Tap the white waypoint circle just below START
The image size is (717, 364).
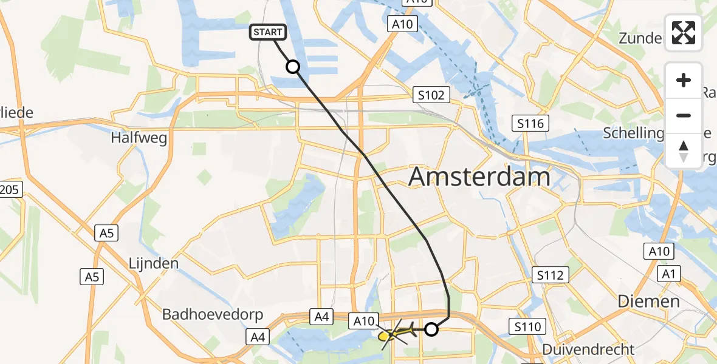(x=293, y=67)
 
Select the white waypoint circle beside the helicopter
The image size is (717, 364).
(x=431, y=329)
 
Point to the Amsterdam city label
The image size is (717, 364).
(x=479, y=177)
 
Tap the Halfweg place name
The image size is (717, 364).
(x=139, y=138)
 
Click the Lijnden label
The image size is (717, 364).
(x=153, y=263)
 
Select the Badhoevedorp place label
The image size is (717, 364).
(x=213, y=314)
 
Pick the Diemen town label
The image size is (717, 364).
(x=648, y=302)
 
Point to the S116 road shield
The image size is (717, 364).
(x=530, y=123)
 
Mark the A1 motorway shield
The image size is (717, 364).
(x=669, y=274)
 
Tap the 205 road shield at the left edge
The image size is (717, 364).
(x=10, y=190)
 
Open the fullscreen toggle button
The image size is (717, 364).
(x=684, y=33)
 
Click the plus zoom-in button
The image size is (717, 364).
(x=684, y=80)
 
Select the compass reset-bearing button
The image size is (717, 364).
(x=684, y=150)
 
